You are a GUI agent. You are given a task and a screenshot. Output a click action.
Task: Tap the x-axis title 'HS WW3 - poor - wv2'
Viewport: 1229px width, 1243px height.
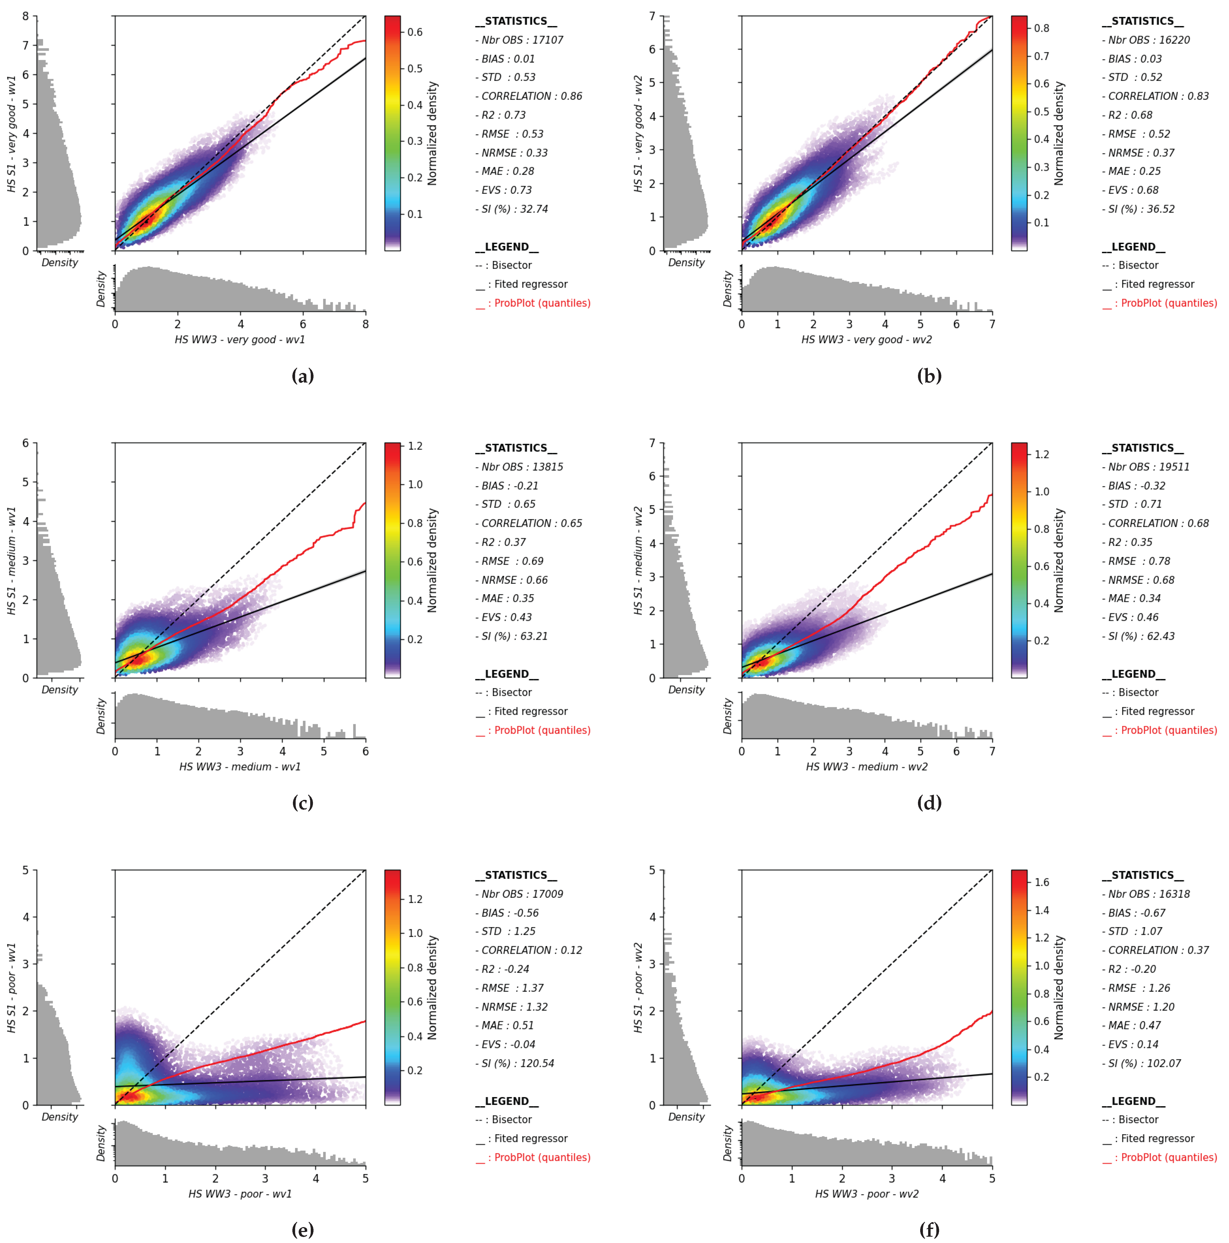(x=866, y=1193)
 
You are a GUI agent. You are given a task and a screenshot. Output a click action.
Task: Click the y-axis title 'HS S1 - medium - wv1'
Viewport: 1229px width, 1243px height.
(x=12, y=560)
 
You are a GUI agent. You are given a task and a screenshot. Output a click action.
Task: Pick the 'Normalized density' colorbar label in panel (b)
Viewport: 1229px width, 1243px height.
(x=1058, y=133)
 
